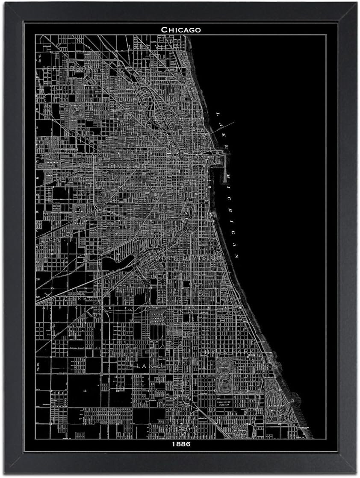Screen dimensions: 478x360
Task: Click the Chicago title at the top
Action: coord(180,29)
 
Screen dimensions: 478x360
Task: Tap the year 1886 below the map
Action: coord(180,444)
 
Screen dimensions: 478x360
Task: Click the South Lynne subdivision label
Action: coord(105,413)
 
